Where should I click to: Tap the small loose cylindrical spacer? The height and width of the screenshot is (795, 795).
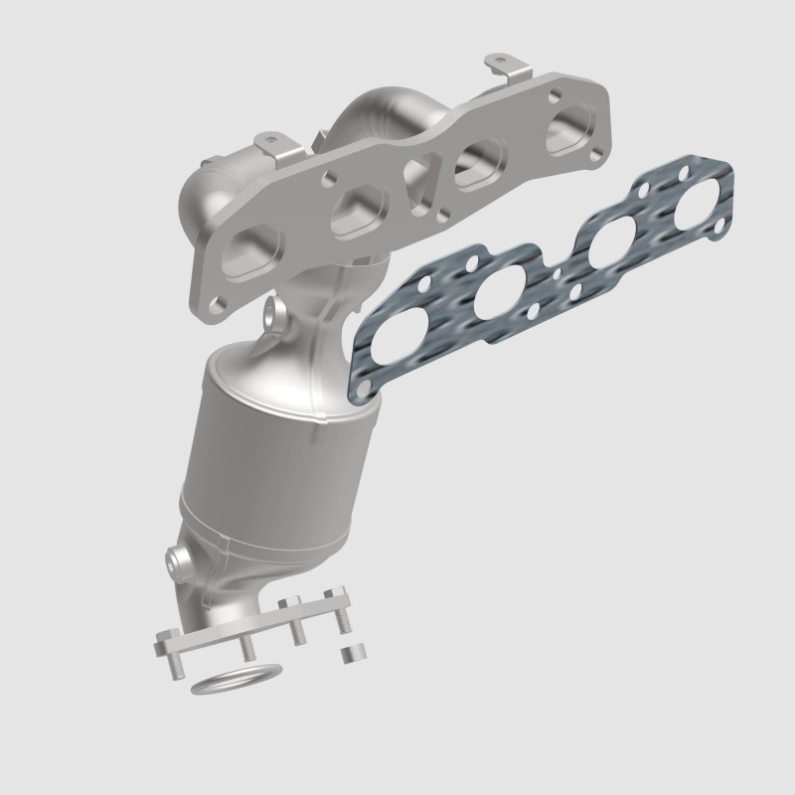pos(349,655)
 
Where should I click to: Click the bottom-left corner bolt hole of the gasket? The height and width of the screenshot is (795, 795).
pos(374,388)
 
